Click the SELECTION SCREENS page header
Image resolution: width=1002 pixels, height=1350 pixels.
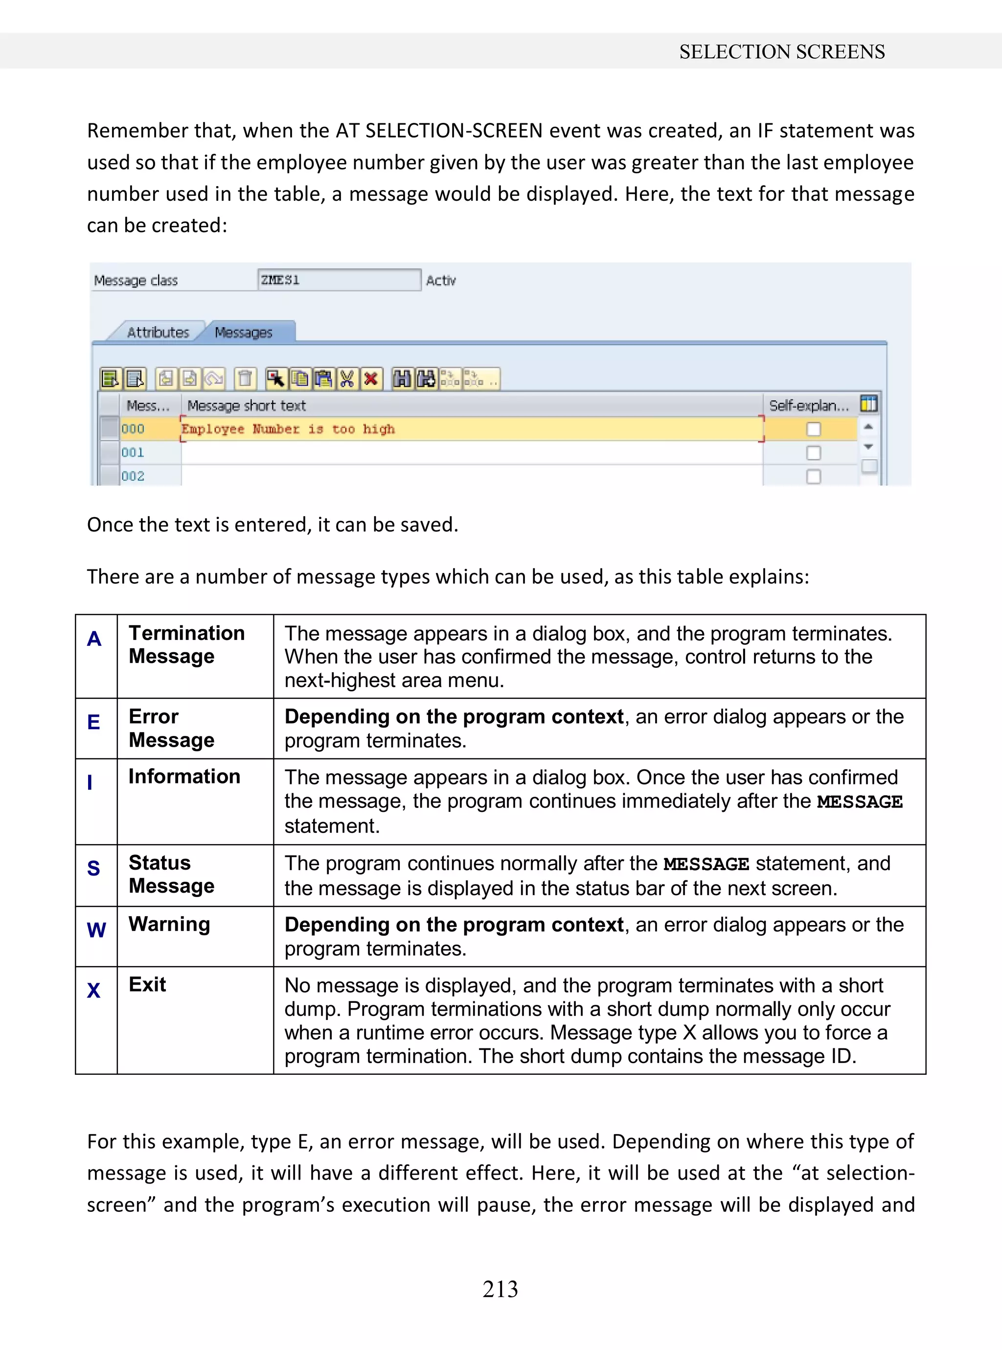click(x=781, y=51)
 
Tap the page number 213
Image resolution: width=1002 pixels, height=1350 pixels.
click(x=501, y=1288)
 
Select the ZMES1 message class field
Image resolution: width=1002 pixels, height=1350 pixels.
click(x=339, y=280)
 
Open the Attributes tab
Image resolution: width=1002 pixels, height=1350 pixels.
click(x=158, y=332)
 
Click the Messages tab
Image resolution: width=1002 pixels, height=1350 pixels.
click(x=244, y=332)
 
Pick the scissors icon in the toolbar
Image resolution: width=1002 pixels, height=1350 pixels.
click(x=347, y=379)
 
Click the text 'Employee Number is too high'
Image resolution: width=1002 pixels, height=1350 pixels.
click(x=288, y=429)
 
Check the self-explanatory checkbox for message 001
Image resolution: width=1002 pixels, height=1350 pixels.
click(x=813, y=453)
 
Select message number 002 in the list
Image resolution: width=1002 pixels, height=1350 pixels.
click(x=133, y=476)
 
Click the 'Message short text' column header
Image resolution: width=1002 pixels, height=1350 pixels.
click(x=246, y=405)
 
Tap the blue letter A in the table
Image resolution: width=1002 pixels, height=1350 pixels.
click(x=94, y=639)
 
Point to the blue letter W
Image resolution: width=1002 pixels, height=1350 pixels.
click(x=96, y=930)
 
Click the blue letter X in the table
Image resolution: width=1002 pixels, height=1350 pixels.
click(x=93, y=991)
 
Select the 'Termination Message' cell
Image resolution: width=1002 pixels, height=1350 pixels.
click(x=187, y=645)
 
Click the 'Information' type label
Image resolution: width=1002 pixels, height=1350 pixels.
click(x=184, y=777)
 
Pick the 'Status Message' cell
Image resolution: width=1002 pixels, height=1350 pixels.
click(x=172, y=874)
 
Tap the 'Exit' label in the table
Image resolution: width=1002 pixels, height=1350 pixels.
click(x=147, y=984)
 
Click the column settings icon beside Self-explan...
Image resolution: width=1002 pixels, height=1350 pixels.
click(x=868, y=403)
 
